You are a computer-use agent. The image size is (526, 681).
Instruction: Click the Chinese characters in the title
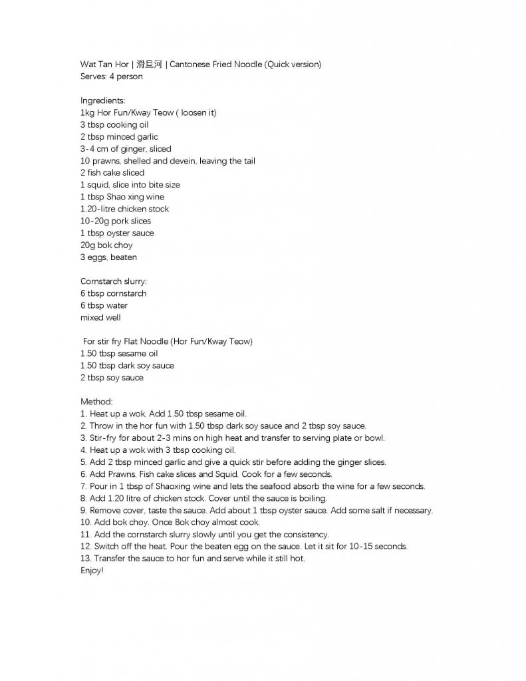click(x=148, y=65)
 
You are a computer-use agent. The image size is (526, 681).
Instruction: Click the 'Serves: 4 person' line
click(x=111, y=76)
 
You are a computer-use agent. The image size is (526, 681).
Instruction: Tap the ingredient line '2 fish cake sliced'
click(x=112, y=173)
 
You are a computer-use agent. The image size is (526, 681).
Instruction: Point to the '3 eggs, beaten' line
click(x=108, y=257)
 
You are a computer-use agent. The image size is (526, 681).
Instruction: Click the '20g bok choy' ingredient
click(x=106, y=245)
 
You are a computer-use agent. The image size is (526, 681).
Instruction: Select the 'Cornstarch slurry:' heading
click(x=114, y=281)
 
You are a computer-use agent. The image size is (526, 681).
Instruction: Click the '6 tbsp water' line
click(x=104, y=306)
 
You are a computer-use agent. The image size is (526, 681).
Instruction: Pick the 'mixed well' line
click(x=100, y=318)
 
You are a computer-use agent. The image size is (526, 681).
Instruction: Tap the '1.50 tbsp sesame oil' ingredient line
click(x=119, y=354)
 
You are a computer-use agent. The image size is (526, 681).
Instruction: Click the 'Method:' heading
click(x=96, y=402)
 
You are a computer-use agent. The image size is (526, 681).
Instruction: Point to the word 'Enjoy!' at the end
click(x=92, y=571)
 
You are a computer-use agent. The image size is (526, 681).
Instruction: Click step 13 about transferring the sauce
click(x=192, y=559)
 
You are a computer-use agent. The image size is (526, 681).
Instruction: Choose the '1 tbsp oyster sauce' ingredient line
click(x=117, y=233)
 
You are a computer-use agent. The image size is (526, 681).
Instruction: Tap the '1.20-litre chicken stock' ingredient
click(x=124, y=209)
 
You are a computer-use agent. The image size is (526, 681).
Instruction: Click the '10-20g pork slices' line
click(x=116, y=221)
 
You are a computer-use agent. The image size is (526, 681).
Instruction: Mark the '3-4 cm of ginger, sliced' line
click(x=126, y=149)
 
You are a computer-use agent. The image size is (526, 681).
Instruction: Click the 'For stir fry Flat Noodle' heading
click(x=168, y=342)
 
